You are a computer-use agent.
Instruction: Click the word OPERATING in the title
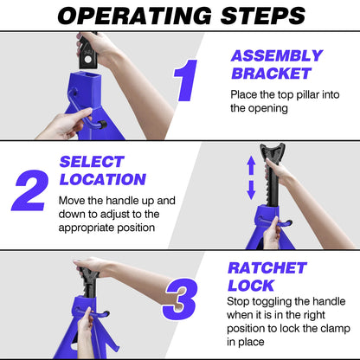pos(135,16)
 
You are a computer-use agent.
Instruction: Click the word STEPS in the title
pos(263,16)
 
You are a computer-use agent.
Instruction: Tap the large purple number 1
pos(186,80)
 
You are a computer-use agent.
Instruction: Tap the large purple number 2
pos(30,190)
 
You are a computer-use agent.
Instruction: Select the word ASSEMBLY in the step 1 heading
pos(277,55)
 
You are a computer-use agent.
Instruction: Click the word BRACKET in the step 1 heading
pos(272,74)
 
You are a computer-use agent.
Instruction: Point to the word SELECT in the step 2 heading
pos(92,162)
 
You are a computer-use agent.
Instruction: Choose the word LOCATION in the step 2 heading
pos(103,179)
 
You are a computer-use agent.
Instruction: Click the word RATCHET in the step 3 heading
pos(267,268)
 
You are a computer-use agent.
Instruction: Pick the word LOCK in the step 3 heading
pos(251,286)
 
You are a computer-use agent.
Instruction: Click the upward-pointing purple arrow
pos(251,165)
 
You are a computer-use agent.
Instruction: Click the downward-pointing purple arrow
pos(251,190)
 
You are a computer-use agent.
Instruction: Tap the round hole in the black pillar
pos(88,60)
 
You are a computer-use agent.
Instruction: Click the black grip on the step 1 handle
pos(103,125)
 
